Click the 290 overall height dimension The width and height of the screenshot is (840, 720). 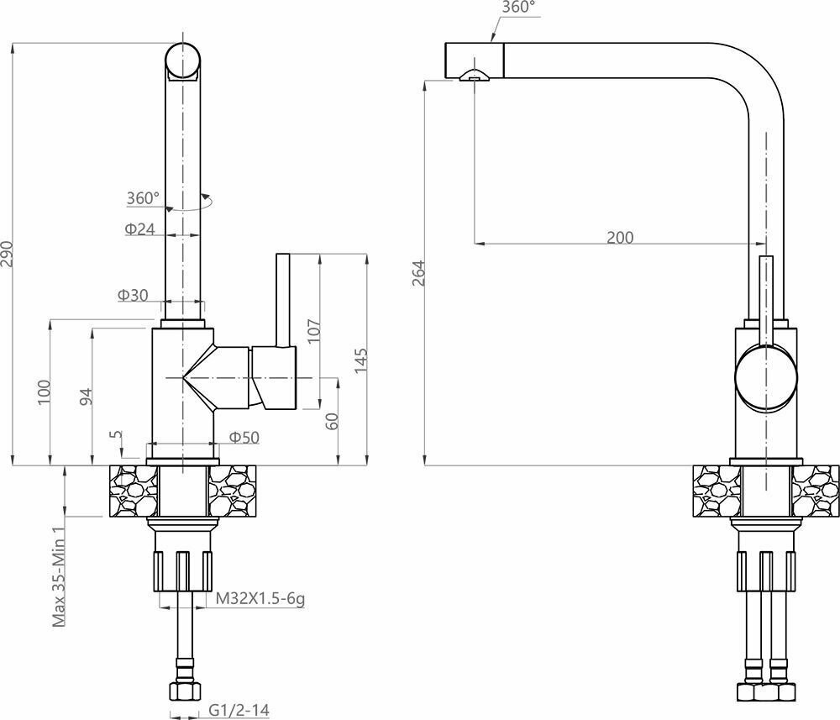click(8, 255)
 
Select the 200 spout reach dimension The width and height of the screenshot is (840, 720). click(620, 237)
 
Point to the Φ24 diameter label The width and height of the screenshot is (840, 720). click(139, 229)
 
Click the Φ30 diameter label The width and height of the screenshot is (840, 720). click(133, 295)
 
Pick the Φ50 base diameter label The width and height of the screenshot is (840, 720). click(244, 438)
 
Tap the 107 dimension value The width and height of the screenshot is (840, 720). click(314, 330)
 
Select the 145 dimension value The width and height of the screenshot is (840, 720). click(361, 360)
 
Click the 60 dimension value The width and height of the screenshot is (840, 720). click(332, 421)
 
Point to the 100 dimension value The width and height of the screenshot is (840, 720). click(44, 392)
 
